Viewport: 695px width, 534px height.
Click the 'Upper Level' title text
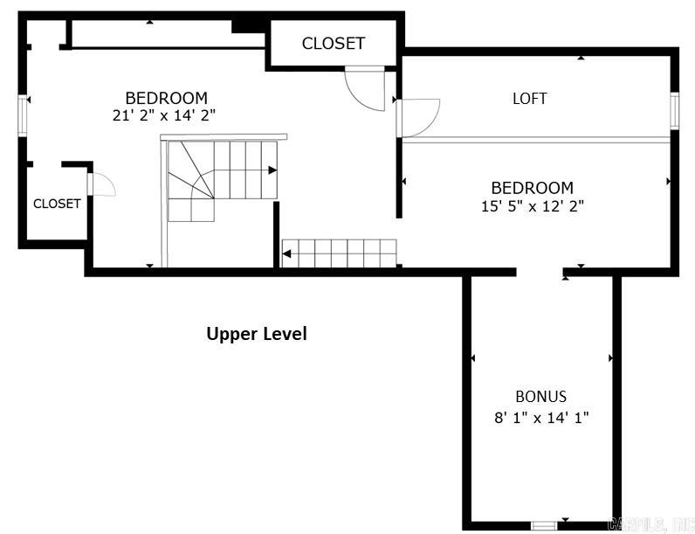pos(256,333)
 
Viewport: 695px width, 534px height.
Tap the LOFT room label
pos(529,99)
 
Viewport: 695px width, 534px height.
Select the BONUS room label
pos(540,396)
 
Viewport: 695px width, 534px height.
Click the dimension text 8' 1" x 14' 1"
pos(540,417)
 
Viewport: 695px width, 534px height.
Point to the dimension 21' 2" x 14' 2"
pos(165,115)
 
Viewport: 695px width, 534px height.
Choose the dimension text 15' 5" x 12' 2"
pos(532,206)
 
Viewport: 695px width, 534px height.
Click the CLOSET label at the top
pos(333,43)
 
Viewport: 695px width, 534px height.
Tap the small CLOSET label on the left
pos(57,204)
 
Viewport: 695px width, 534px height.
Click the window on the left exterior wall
pos(24,114)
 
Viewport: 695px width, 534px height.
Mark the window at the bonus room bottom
pos(544,524)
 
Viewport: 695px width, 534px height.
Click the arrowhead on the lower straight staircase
pos(287,254)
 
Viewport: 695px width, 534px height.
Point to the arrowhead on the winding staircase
pos(272,170)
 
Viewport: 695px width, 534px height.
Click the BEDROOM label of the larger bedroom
pos(166,98)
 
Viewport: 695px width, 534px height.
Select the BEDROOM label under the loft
pos(532,188)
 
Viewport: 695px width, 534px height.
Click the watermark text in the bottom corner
pos(649,524)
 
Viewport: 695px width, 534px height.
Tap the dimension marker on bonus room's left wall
pos(473,358)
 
